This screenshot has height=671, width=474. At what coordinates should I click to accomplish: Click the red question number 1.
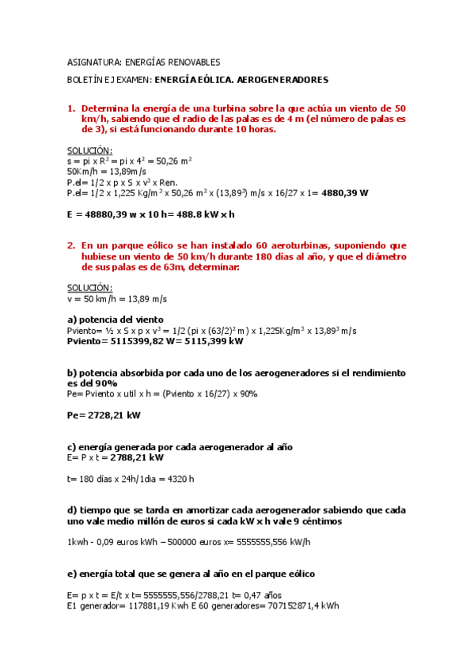[70, 108]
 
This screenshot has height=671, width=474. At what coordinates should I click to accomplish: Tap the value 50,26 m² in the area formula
[176, 161]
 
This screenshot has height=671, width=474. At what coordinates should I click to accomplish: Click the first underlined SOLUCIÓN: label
[89, 150]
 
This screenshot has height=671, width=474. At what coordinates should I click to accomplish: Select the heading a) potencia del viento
[116, 319]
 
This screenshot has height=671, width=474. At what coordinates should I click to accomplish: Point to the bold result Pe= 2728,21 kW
[104, 414]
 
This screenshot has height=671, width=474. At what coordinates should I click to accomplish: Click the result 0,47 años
[264, 596]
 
